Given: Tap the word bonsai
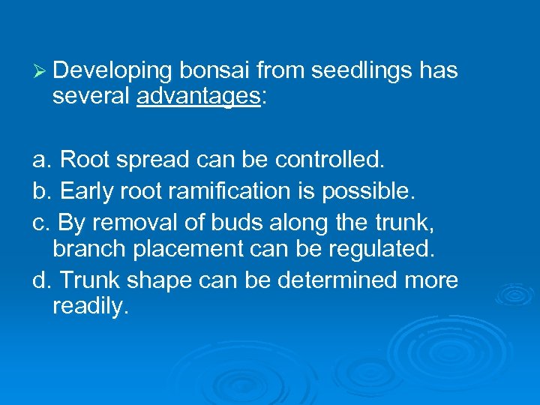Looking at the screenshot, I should [x=214, y=70].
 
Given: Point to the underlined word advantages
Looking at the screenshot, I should [x=197, y=97].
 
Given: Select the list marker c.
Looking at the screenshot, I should [x=41, y=222].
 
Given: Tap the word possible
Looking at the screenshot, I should [x=367, y=192].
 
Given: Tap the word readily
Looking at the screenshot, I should [x=91, y=307].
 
